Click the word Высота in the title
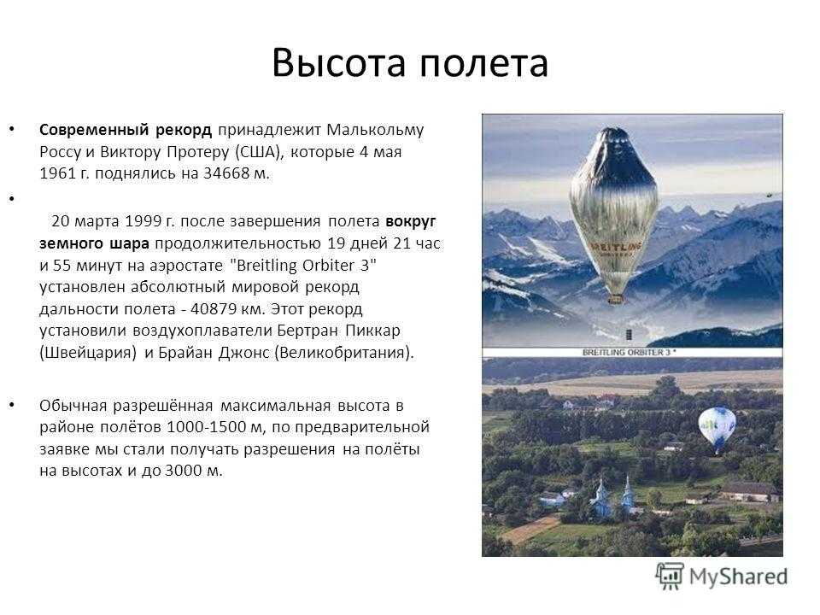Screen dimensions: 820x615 (339, 62)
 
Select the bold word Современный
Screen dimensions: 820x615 (94, 130)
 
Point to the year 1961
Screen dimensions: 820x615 (57, 173)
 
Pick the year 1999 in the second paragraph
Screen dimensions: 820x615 (143, 221)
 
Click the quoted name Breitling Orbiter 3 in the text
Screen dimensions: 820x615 (303, 265)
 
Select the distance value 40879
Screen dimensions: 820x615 (214, 308)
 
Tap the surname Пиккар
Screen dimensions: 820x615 (373, 331)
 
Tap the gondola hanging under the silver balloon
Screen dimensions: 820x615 (616, 299)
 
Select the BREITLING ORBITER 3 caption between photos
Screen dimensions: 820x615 (630, 353)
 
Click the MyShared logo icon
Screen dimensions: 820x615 (670, 577)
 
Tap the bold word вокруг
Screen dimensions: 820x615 (411, 222)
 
